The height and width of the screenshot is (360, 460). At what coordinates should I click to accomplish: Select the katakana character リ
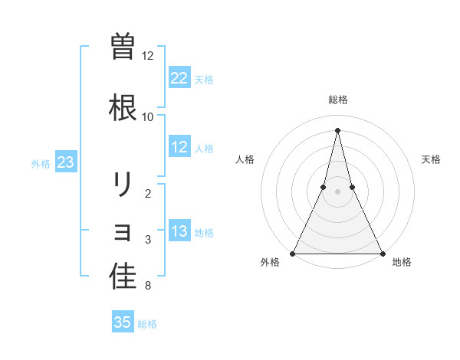coord(123,185)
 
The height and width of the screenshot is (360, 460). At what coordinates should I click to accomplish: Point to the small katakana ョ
coord(123,232)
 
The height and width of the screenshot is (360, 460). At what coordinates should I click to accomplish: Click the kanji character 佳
coord(123,277)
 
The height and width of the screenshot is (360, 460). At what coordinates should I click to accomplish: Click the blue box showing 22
coord(179,78)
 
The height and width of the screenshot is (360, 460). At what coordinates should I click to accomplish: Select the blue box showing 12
coord(179,147)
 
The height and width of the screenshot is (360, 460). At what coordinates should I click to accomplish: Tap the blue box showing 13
coord(179,231)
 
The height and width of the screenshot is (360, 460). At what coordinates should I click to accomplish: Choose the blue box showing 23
coord(65,162)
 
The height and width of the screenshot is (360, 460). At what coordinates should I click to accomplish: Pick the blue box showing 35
coord(123,322)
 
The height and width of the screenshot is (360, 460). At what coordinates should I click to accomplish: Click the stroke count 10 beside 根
coord(148,116)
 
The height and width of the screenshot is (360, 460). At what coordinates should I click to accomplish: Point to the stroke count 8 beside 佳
coord(147,286)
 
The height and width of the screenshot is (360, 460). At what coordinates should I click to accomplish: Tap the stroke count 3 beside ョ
coord(147,240)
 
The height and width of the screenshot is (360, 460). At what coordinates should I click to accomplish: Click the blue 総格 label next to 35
coord(147,324)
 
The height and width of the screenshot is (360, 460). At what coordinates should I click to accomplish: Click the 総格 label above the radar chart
coord(337,100)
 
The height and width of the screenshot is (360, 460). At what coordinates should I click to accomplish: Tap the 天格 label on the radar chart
coord(431,159)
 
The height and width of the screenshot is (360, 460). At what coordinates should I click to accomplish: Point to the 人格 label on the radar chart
coord(245,159)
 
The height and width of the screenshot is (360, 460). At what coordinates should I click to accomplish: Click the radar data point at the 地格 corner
coord(382,253)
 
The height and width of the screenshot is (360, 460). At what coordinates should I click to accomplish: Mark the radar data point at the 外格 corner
coord(293,253)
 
